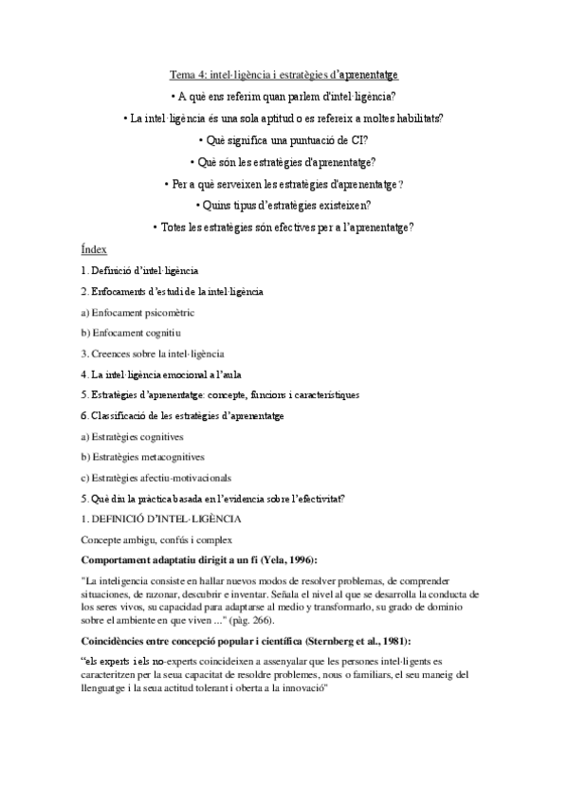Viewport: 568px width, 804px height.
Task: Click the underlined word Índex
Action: pos(94,249)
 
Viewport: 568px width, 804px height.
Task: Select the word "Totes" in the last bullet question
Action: pos(175,227)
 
